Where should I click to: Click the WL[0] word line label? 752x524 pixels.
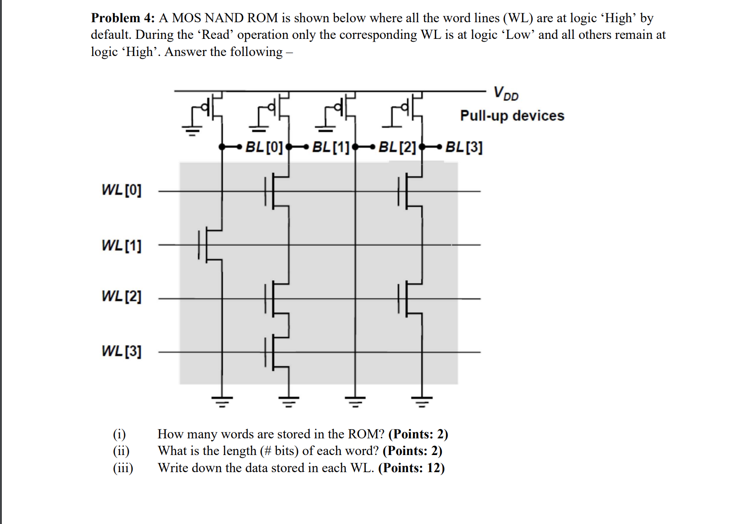121,190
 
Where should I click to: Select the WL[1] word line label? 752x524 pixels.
121,245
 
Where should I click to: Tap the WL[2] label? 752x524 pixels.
121,296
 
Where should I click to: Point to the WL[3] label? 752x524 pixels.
121,351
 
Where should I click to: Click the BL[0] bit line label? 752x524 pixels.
263,147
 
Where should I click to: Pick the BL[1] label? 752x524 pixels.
330,147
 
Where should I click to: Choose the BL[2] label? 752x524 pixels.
397,147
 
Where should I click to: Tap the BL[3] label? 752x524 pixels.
464,147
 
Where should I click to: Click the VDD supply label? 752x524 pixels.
506,93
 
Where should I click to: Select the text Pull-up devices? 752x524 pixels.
512,115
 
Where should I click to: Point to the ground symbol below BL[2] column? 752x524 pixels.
355,401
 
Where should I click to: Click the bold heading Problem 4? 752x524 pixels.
123,18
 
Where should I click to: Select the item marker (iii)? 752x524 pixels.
123,468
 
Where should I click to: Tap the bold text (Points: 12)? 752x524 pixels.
411,468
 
